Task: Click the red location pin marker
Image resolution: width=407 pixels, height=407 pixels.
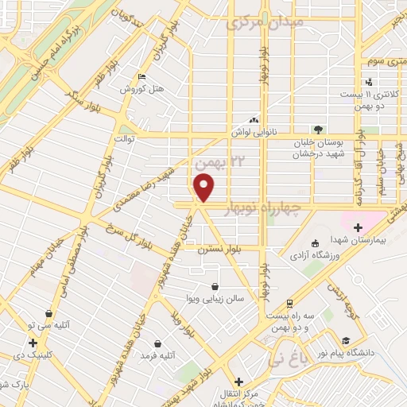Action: coord(204,187)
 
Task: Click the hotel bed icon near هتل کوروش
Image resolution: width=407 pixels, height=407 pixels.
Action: coord(141,77)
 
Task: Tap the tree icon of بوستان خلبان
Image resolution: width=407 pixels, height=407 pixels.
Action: coord(319,129)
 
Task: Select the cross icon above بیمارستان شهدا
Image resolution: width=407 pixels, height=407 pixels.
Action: coord(358,227)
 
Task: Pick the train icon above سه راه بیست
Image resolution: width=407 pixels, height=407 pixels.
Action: coord(290,304)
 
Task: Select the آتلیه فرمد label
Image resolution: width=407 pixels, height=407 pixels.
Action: coord(157,355)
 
